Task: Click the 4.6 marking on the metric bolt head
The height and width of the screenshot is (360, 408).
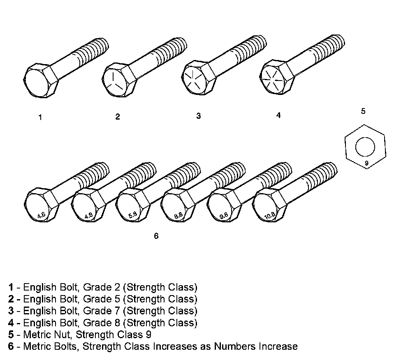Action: pos(41,215)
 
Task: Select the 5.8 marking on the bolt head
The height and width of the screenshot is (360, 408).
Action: pos(132,215)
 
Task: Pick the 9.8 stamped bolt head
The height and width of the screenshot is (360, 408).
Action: pos(224,215)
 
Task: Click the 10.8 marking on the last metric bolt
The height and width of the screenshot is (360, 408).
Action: pos(270,215)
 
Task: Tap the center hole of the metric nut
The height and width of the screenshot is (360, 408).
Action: pos(365,147)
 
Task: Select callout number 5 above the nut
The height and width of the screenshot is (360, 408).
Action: pos(363,111)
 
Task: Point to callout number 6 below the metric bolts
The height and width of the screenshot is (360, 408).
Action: pos(156,236)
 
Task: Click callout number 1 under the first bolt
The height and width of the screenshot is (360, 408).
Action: pos(40,117)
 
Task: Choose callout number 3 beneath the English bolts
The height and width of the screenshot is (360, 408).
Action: pos(198,116)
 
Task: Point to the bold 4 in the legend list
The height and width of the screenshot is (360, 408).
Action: pos(11,322)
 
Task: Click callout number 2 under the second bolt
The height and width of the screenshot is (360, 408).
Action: pos(118,117)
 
